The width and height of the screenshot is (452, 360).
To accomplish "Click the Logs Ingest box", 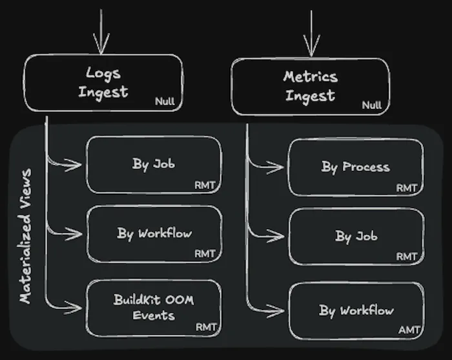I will tap(103, 83).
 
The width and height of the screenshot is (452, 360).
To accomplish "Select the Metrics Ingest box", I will tap(311, 86).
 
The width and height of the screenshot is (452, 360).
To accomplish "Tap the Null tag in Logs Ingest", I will tap(165, 102).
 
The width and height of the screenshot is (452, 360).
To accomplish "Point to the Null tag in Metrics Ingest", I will tap(372, 105).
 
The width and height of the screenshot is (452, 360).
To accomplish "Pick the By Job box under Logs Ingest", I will tap(154, 165).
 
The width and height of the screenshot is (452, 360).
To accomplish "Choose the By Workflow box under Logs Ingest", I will tap(154, 233).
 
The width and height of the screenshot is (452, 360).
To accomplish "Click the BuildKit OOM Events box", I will tap(154, 308).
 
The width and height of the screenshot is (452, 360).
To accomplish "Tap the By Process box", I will tap(356, 167).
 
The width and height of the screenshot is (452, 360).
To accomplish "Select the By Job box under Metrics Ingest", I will tap(356, 237).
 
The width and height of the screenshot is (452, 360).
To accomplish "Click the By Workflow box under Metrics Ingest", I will tap(356, 310).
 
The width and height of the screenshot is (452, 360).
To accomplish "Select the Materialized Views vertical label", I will tap(26, 236).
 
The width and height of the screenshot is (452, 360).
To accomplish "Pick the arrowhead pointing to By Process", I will tap(278, 168).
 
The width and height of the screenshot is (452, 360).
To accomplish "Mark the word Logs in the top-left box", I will tap(103, 73).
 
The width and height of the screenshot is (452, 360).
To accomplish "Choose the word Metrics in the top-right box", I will tap(311, 77).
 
